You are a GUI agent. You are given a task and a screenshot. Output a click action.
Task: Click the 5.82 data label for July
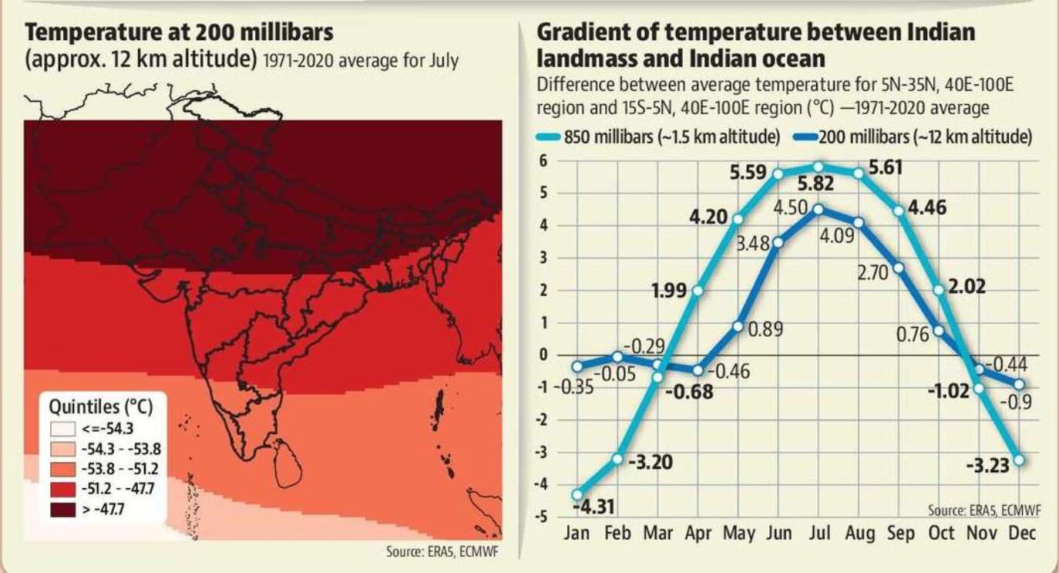(x=816, y=184)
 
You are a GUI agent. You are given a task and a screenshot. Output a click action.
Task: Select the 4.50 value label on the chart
(x=791, y=208)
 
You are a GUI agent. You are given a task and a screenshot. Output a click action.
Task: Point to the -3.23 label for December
(x=988, y=466)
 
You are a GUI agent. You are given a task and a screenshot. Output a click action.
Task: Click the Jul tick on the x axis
(x=819, y=533)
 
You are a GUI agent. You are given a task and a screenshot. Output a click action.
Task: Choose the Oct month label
(x=941, y=533)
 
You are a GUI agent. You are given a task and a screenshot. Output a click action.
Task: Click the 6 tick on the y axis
(x=543, y=161)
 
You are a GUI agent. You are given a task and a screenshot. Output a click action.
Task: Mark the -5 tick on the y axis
(x=541, y=517)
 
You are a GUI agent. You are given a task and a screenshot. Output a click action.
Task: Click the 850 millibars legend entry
(x=658, y=137)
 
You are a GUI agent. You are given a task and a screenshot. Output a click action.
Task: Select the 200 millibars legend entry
(x=913, y=137)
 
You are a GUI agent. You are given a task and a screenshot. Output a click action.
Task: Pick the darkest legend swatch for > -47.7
(x=62, y=510)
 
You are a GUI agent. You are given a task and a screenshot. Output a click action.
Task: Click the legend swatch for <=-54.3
(x=62, y=429)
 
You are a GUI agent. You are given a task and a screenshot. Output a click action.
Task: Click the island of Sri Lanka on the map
(x=287, y=463)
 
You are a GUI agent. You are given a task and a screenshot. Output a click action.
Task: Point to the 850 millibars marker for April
(x=698, y=291)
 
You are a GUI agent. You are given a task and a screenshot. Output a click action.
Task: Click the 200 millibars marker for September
(x=899, y=268)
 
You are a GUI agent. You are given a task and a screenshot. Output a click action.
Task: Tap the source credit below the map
(x=442, y=551)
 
